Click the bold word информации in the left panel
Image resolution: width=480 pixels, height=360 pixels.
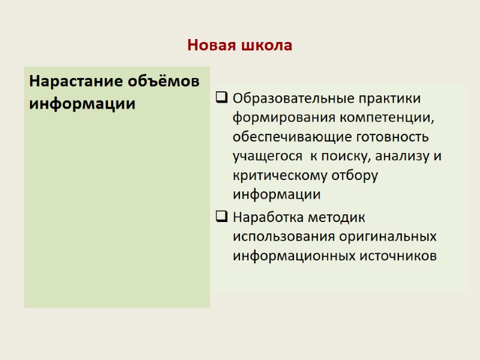pos(82,104)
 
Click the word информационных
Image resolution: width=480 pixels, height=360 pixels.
pos(293,256)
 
